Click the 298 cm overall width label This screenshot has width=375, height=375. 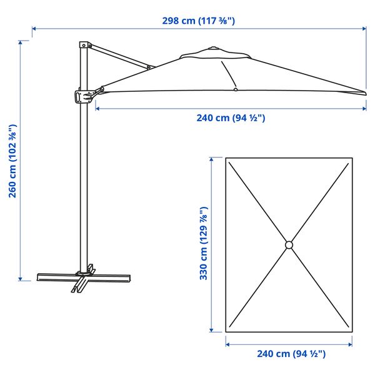point(198,21)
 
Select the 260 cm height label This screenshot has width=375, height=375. point(12,161)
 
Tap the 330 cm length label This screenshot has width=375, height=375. point(204,244)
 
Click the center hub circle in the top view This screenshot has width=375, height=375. point(289,244)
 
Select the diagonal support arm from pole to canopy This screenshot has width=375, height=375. point(119,57)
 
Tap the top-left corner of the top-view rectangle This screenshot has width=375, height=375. point(225,157)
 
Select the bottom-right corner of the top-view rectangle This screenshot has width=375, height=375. point(352,331)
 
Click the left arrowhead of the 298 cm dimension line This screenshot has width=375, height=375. point(34,28)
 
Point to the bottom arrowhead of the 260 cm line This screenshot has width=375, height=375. point(21,279)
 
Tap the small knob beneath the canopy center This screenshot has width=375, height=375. point(235,90)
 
